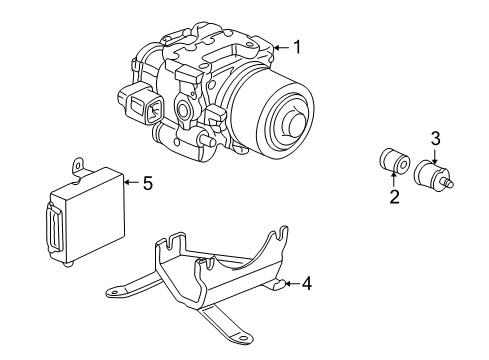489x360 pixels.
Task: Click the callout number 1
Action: coord(295,47)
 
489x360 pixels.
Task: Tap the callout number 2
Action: coord(394,197)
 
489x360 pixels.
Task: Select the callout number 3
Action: coord(435,137)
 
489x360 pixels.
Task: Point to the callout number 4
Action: coord(307,284)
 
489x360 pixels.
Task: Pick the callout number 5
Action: coord(147,183)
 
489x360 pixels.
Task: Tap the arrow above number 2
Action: coord(394,180)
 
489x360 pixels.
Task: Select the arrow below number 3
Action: coord(435,154)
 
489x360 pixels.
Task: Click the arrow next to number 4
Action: coord(289,284)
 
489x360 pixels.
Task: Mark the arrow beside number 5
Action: coord(128,183)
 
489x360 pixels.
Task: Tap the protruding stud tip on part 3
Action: coord(451,183)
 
